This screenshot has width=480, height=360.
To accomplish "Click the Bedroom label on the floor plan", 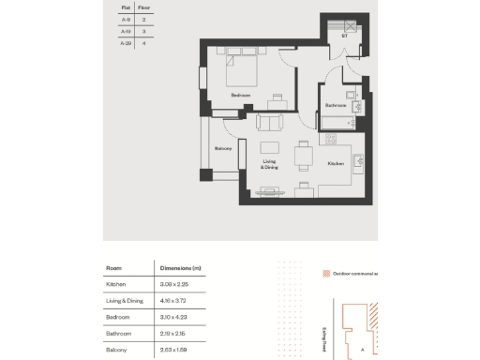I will (241, 95).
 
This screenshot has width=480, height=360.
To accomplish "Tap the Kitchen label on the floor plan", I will (336, 163).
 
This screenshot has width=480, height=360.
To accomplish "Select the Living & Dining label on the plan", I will (269, 164).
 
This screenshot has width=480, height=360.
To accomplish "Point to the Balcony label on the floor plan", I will (223, 148).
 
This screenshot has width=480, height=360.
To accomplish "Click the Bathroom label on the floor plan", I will (337, 106).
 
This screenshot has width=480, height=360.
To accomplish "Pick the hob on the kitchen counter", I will (331, 139).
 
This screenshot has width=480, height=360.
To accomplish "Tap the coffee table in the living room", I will (270, 146).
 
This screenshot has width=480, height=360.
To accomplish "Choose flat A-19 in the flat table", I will (126, 31).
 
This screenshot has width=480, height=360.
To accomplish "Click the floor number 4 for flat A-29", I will (143, 43).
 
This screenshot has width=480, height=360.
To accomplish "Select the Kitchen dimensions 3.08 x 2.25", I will (173, 283).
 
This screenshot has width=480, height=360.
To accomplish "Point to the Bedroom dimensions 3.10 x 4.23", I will (173, 317).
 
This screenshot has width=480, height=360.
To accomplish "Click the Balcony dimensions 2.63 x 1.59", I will (173, 350).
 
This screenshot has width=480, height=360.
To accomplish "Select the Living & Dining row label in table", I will (126, 300).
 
